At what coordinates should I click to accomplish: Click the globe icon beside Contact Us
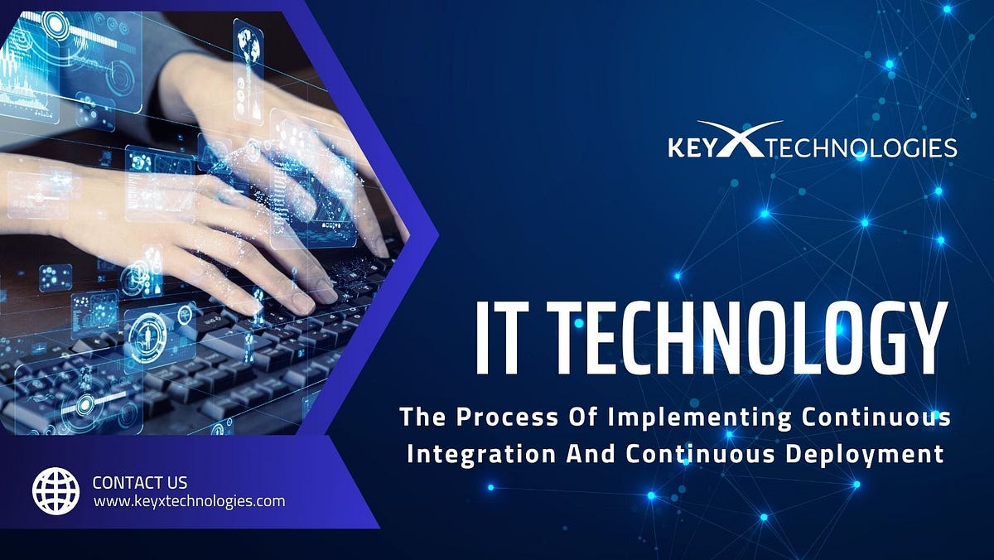56,490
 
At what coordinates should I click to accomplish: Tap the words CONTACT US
140,482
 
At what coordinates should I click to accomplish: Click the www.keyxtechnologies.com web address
190,501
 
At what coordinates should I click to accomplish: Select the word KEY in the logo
691,149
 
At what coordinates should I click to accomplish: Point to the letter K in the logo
676,149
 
